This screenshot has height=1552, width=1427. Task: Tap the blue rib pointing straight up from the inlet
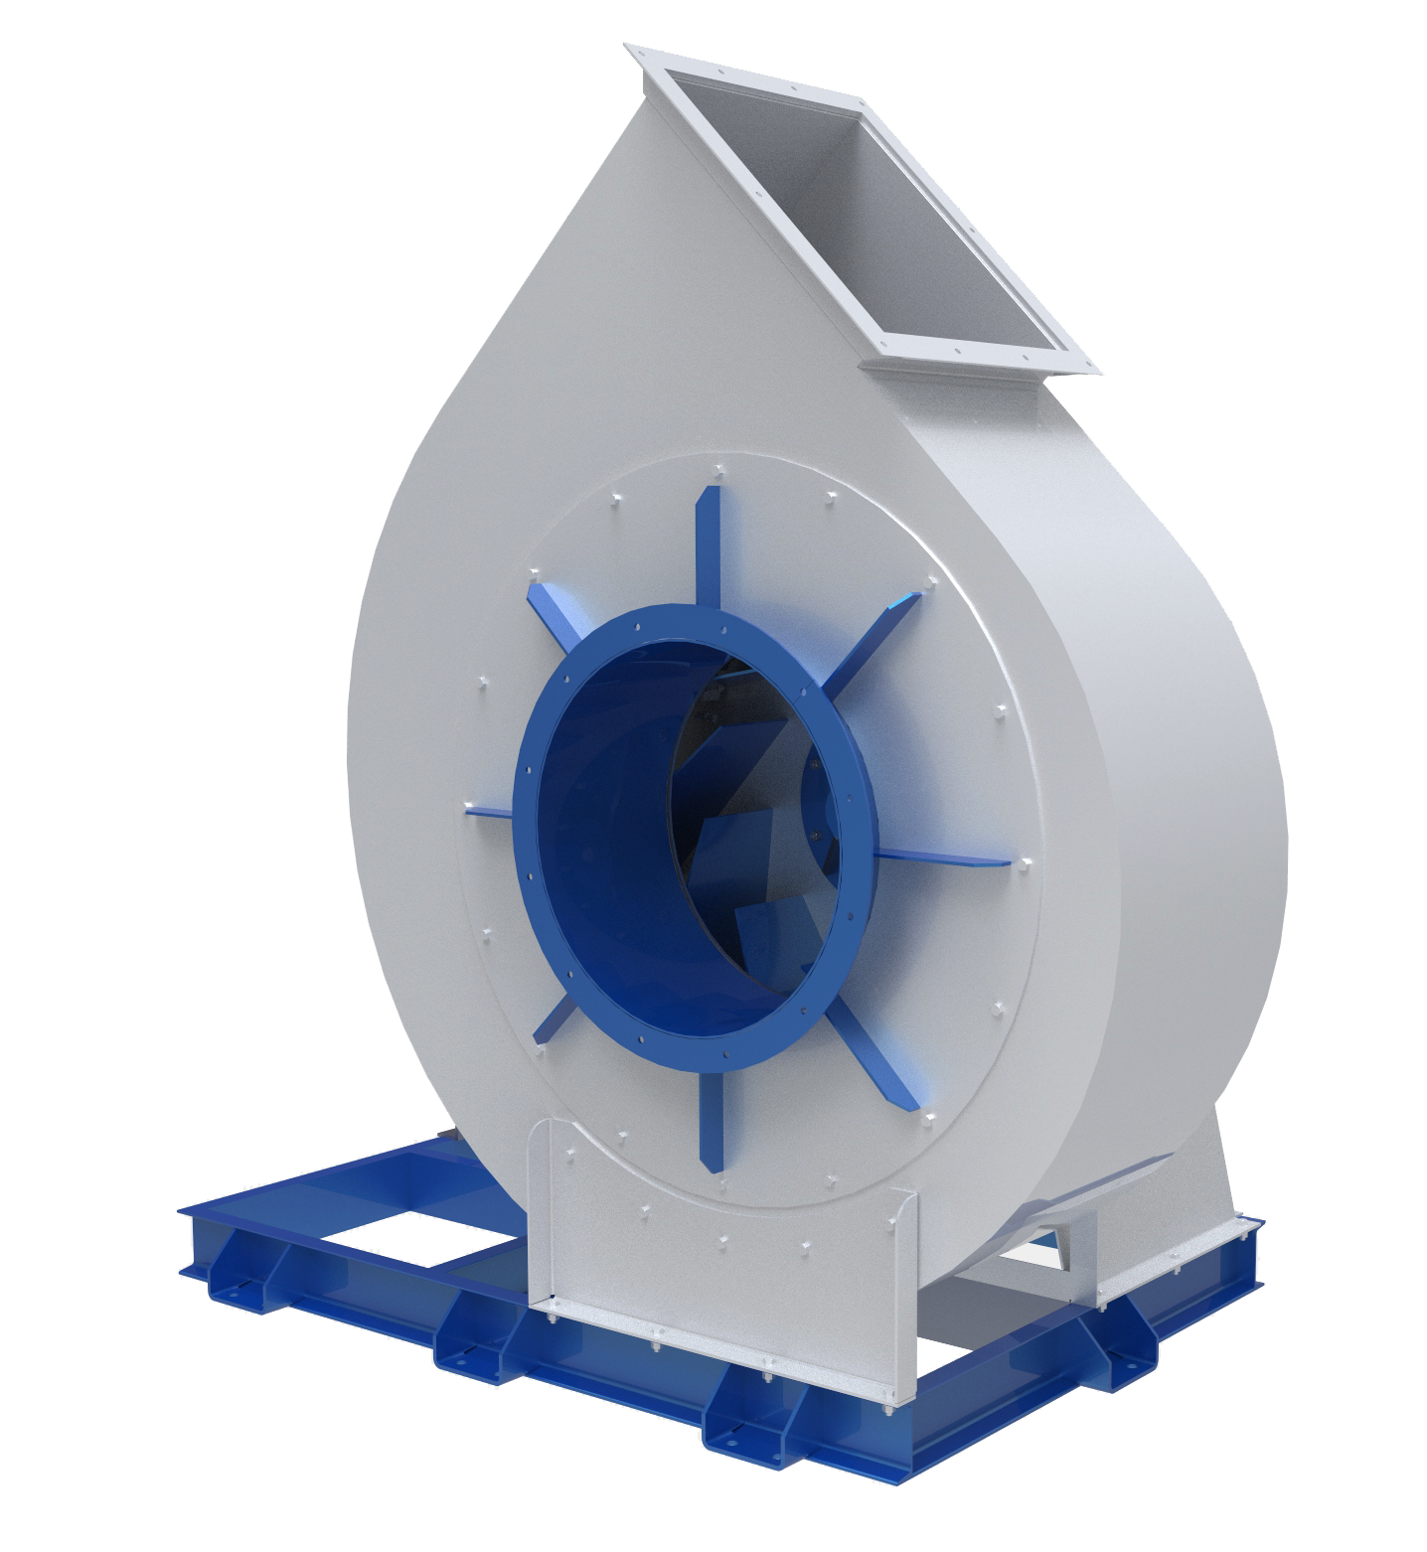click(x=708, y=546)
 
